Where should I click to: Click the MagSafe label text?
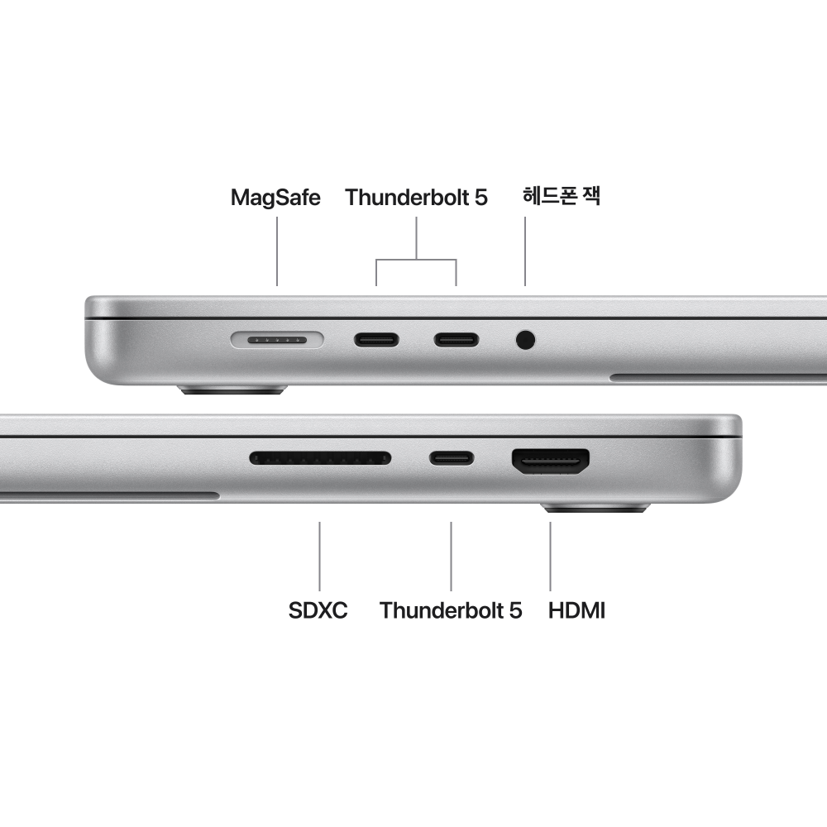[275, 198]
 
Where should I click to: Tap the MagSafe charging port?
[277, 339]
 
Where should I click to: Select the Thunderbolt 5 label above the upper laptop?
[416, 198]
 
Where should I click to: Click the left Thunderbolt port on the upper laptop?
[377, 339]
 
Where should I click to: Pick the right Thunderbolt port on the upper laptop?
[457, 339]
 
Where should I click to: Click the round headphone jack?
[525, 339]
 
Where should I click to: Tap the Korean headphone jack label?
[562, 197]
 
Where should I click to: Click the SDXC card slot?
[320, 457]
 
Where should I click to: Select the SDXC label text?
[318, 611]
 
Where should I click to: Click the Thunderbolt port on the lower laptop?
[452, 457]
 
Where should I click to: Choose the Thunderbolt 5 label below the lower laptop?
[451, 611]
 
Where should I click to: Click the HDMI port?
[551, 461]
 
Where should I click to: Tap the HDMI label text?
[577, 611]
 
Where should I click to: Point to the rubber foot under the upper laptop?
[234, 389]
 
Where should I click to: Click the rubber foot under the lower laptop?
[595, 508]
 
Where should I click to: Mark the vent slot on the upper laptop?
[718, 378]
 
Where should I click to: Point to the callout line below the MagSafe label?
[277, 251]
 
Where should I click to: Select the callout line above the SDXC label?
[320, 555]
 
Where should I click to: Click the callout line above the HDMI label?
[551, 555]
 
